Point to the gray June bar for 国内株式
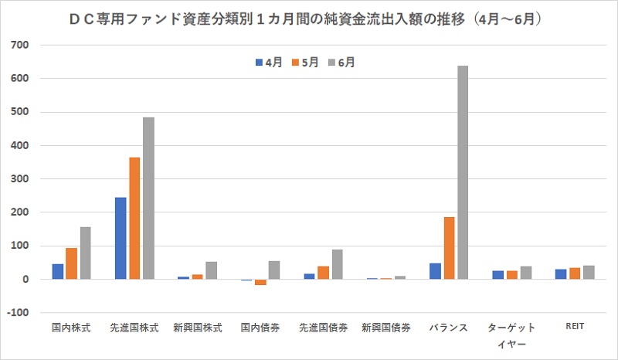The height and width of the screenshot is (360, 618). [85, 253]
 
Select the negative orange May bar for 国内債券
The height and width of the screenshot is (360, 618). [260, 282]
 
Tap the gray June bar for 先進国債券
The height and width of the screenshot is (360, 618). [337, 264]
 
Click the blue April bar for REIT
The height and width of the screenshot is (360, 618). [560, 274]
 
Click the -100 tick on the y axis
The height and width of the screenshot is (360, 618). [19, 313]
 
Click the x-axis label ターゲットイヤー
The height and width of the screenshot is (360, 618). [511, 335]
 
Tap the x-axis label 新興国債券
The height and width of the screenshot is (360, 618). [385, 328]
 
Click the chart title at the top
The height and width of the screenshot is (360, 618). [309, 16]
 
